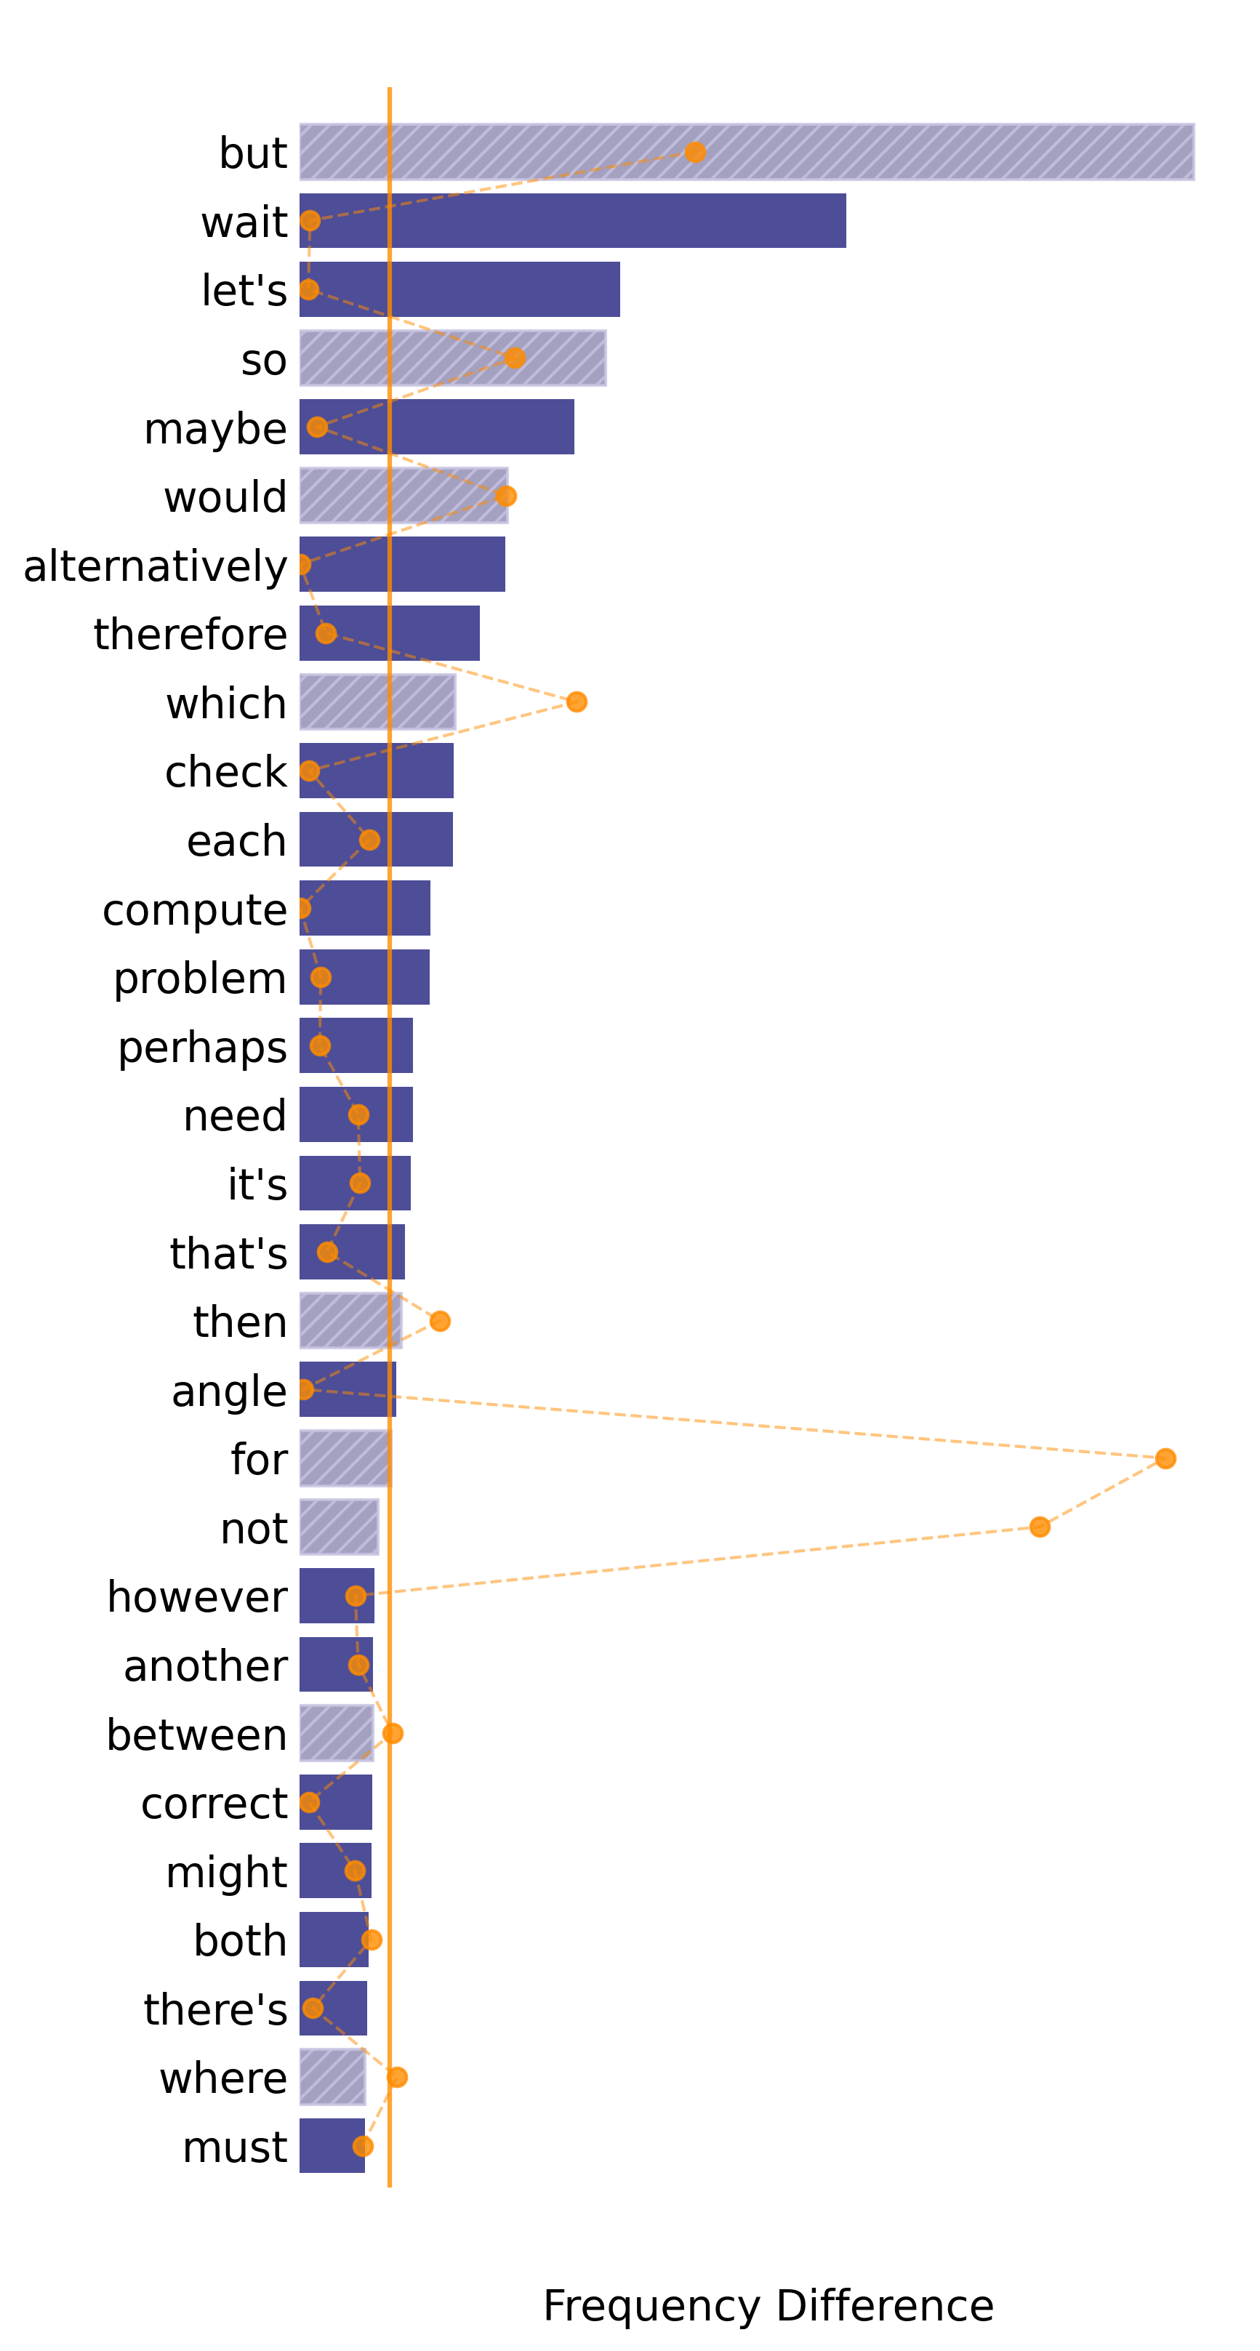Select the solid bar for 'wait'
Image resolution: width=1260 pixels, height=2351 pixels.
tap(572, 221)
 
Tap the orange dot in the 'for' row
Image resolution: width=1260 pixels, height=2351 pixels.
tap(1165, 1458)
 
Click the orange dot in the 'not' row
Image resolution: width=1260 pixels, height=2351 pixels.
tap(1039, 1527)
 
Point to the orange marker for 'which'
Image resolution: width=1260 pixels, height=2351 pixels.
tap(576, 702)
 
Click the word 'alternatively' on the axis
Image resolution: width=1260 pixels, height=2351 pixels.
tap(155, 566)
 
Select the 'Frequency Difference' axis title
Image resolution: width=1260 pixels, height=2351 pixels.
tap(768, 2305)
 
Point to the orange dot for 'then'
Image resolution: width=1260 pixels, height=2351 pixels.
tap(440, 1321)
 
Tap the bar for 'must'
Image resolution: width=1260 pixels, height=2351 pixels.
tap(332, 2146)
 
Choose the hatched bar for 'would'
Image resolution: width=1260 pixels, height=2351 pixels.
tap(404, 496)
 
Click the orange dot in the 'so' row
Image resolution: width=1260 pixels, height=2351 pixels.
tap(515, 358)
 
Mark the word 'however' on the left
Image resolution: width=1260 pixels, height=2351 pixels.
tap(197, 1597)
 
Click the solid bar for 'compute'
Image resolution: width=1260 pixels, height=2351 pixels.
tap(364, 908)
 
